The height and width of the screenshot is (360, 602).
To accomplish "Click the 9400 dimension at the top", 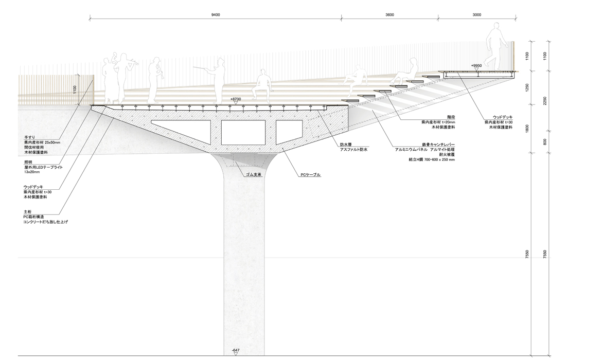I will click(x=216, y=15).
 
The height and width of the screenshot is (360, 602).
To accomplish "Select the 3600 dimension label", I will click(x=389, y=15).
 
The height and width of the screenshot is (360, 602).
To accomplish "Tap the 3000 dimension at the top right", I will click(x=476, y=15).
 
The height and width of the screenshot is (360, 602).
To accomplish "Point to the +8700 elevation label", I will click(x=236, y=98).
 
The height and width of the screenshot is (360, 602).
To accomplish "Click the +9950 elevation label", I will click(x=476, y=66).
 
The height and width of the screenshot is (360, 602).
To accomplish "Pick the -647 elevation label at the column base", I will click(x=236, y=350).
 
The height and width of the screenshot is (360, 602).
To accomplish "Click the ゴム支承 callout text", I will click(x=254, y=174).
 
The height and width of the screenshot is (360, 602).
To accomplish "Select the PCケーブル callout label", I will click(x=310, y=175).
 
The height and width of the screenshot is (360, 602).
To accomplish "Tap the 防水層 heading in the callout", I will click(x=345, y=145).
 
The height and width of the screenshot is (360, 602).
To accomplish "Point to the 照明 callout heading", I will click(x=28, y=162).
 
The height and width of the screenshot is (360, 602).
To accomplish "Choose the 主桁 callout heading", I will click(x=28, y=211).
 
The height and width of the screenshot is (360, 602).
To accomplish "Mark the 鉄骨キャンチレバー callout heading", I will click(x=438, y=145).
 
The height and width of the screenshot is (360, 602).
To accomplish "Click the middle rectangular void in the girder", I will click(x=243, y=132).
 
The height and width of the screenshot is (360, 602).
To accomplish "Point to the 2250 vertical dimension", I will click(x=545, y=100).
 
